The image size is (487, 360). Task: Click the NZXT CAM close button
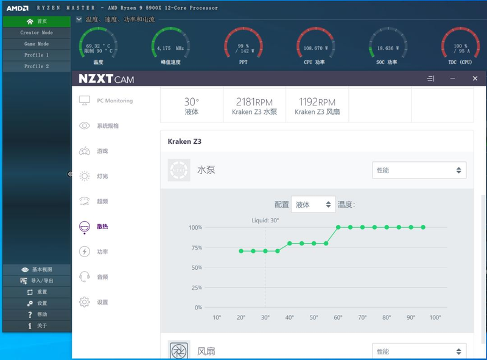(475, 79)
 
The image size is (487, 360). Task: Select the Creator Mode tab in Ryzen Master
(37, 33)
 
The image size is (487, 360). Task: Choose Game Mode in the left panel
(37, 44)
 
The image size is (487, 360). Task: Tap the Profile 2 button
(37, 66)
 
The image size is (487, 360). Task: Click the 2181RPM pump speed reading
(254, 102)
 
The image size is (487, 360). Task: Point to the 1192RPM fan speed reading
(317, 102)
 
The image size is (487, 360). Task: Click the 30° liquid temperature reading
(192, 102)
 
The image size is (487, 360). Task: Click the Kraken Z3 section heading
(184, 141)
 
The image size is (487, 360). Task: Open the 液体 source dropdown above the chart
(313, 205)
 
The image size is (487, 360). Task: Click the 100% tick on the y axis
(195, 227)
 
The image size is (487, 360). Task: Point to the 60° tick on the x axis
(338, 317)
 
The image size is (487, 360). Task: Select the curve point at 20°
(241, 251)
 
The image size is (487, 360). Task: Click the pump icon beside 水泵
(179, 170)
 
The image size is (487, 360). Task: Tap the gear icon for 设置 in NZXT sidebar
(85, 302)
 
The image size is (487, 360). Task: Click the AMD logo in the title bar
(18, 8)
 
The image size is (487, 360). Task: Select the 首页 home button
(37, 21)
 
